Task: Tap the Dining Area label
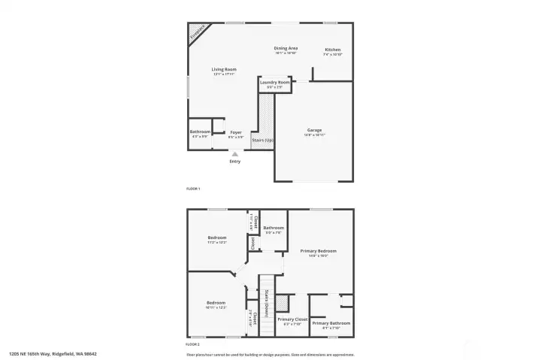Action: click(286, 48)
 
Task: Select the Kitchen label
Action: click(332, 50)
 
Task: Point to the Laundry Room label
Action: click(274, 82)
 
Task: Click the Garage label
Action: click(314, 130)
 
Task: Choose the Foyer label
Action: click(236, 132)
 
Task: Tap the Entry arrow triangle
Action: click(235, 153)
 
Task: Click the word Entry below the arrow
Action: click(235, 162)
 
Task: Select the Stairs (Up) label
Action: click(262, 140)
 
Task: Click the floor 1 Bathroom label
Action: click(200, 132)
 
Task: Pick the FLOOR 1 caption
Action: click(193, 189)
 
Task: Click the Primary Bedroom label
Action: click(318, 251)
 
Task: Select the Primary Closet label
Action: click(292, 319)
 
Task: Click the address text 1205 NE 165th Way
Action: click(53, 353)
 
